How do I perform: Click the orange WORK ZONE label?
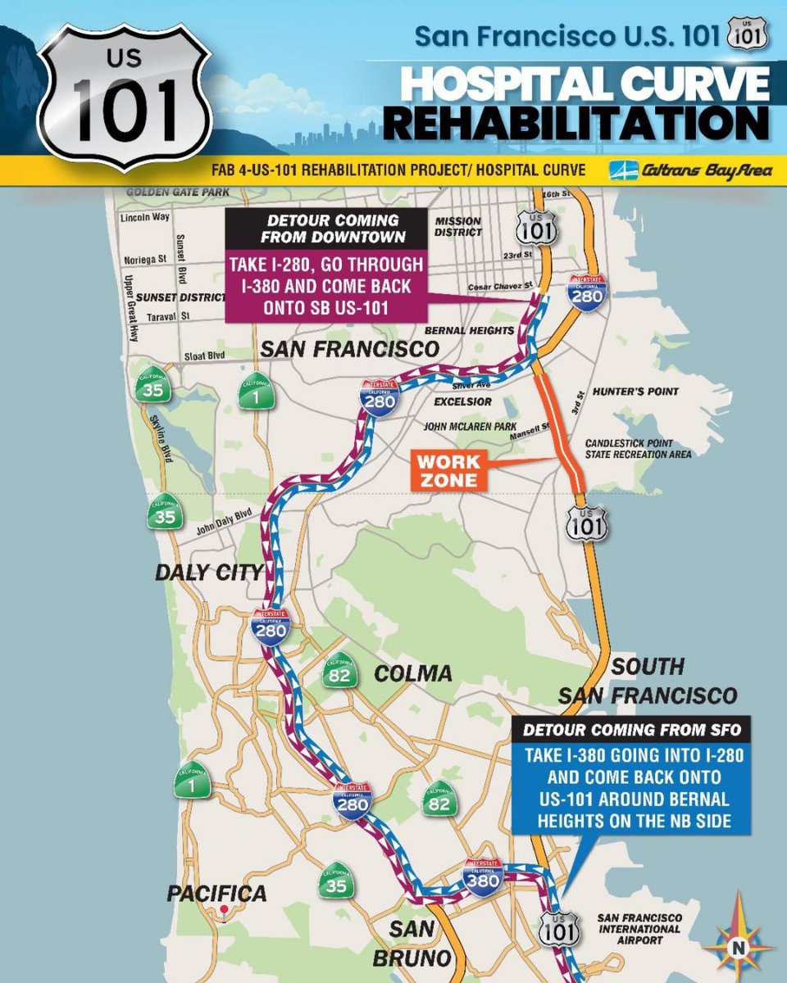[448, 470]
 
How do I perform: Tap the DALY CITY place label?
[209, 572]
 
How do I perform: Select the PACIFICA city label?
[216, 893]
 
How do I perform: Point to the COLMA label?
[412, 673]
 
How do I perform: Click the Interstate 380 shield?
[484, 877]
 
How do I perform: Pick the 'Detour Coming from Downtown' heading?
[327, 229]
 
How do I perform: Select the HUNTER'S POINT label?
[647, 392]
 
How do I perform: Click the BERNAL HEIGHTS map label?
[470, 330]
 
